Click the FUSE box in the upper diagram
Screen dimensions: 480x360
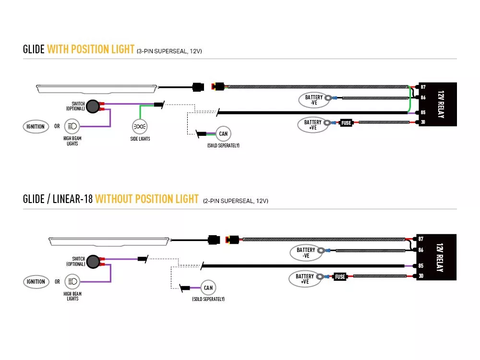click(x=346, y=123)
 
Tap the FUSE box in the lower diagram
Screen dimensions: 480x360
click(x=340, y=277)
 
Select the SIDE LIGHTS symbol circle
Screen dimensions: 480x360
click(x=140, y=126)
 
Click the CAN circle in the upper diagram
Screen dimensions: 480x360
click(x=223, y=134)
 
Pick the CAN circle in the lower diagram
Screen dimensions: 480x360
click(x=208, y=288)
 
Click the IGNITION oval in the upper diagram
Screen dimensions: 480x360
click(x=36, y=126)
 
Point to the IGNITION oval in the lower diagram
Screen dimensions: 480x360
click(x=36, y=282)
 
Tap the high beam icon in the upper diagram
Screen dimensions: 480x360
click(x=72, y=126)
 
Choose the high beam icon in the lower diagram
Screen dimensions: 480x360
click(x=72, y=281)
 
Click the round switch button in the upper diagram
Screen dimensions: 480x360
click(x=93, y=106)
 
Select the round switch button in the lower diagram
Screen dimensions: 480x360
click(x=93, y=262)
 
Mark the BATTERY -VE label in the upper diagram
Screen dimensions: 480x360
click(x=314, y=100)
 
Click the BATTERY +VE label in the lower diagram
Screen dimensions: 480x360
click(x=305, y=279)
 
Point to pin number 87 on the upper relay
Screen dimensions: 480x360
click(x=423, y=87)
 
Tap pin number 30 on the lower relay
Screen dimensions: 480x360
click(x=421, y=276)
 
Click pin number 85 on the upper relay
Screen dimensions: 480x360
click(x=423, y=112)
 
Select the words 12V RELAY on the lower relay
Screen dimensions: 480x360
click(x=440, y=257)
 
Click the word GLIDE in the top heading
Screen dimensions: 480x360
click(x=34, y=49)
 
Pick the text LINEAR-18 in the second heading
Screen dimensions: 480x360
click(x=72, y=199)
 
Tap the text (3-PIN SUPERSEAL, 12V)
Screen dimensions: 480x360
click(x=169, y=51)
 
